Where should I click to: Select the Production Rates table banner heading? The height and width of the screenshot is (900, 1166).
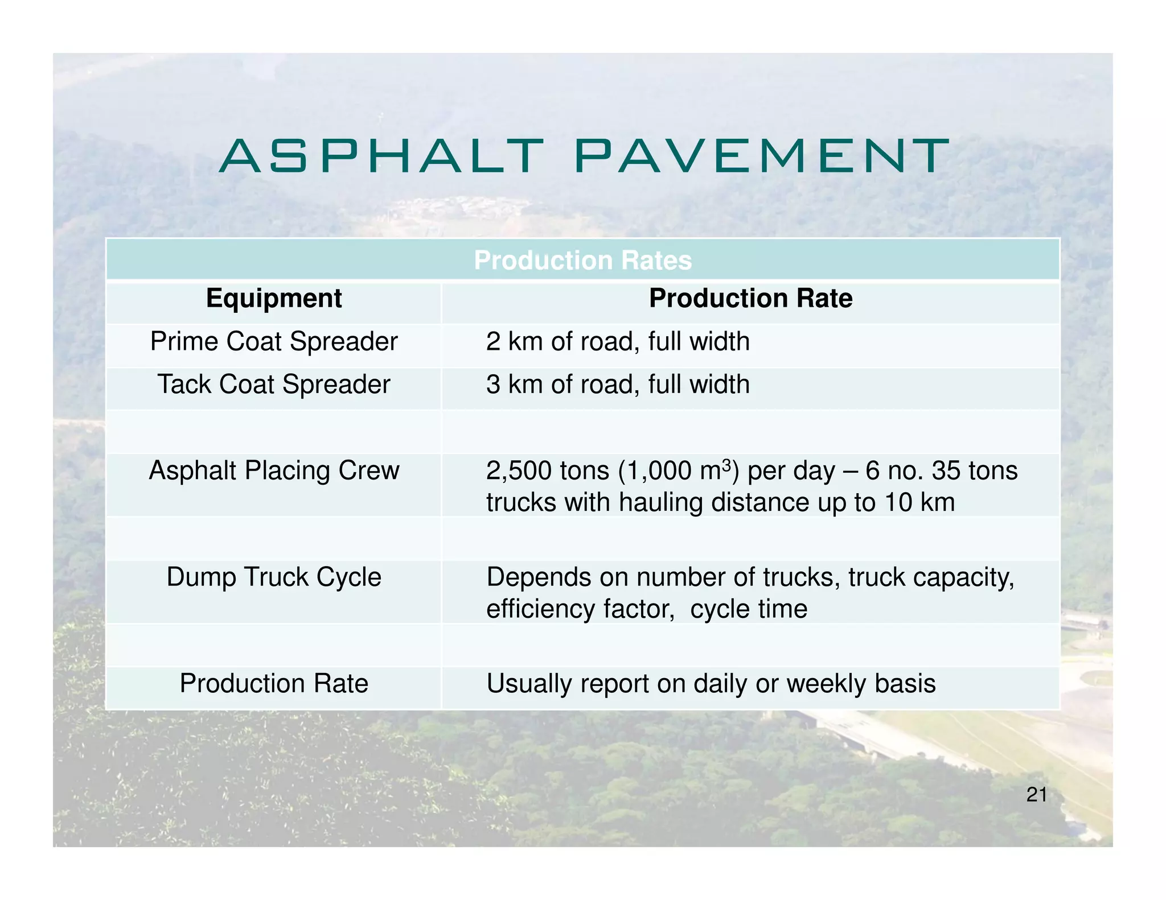click(582, 261)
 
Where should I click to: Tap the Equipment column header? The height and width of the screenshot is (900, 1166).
click(274, 299)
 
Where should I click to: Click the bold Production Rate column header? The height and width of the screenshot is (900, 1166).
click(750, 299)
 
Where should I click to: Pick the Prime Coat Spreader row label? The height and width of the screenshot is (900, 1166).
click(274, 342)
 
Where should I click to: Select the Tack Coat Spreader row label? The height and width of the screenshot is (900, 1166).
click(274, 385)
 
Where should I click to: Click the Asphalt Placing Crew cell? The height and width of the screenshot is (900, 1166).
click(274, 471)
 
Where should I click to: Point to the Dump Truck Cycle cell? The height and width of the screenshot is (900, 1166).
click(274, 577)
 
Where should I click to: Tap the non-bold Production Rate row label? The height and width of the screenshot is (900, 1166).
click(274, 684)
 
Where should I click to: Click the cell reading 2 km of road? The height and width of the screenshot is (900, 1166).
click(617, 342)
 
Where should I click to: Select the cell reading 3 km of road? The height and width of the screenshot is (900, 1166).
click(617, 385)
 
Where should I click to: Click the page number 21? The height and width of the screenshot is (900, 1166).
click(1036, 795)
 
